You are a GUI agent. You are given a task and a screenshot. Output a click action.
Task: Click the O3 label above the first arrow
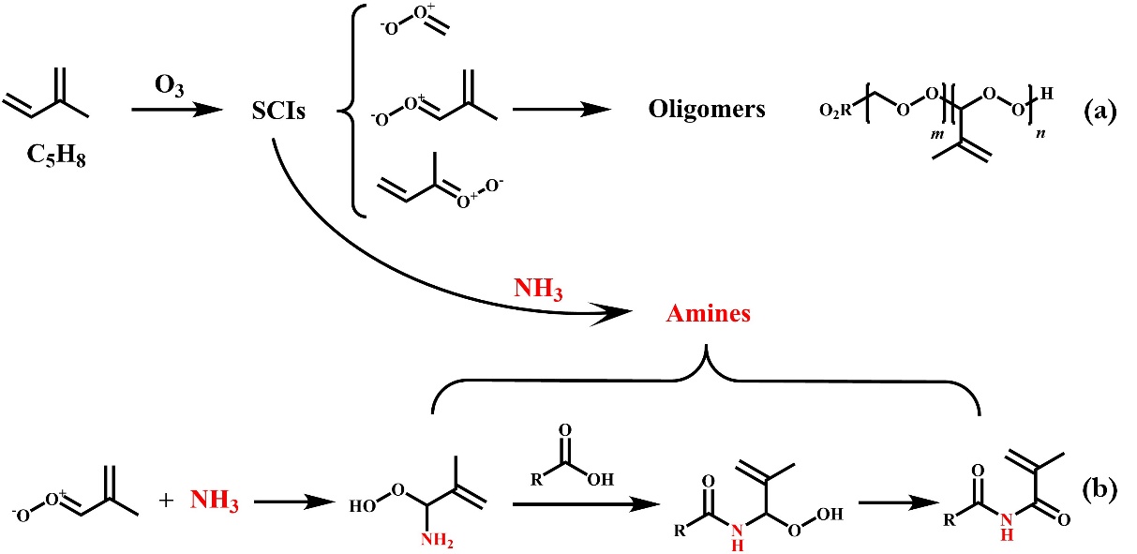pyautogui.click(x=169, y=85)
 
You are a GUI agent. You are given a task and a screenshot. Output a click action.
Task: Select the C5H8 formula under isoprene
pyautogui.click(x=58, y=149)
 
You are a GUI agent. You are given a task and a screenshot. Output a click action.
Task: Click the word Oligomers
pyautogui.click(x=707, y=110)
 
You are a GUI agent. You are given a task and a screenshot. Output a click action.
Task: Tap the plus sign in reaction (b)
pyautogui.click(x=166, y=501)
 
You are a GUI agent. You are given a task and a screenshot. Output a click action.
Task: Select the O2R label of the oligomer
pyautogui.click(x=831, y=114)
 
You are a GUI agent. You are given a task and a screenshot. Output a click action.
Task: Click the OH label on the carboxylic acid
pyautogui.click(x=602, y=478)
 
